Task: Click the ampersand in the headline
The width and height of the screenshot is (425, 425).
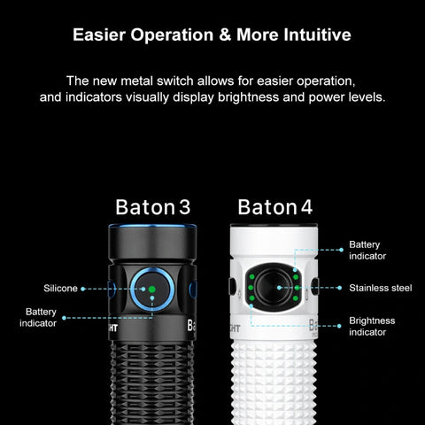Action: tap(225, 35)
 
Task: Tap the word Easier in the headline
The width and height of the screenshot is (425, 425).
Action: tap(99, 35)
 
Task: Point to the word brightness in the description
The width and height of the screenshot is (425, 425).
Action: tap(248, 97)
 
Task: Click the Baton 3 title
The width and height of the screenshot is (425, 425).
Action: tap(153, 207)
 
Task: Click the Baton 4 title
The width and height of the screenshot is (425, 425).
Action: tap(275, 207)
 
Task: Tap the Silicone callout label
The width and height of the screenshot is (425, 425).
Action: tap(60, 289)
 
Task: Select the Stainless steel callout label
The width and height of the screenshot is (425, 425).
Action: tap(381, 288)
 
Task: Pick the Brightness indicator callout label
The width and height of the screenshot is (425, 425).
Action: tap(372, 327)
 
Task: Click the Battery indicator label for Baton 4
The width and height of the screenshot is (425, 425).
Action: tap(367, 251)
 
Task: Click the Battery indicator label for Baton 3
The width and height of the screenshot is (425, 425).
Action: tap(38, 318)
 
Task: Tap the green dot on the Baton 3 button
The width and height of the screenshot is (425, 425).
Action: tap(152, 290)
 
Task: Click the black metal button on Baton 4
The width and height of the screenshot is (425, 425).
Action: tap(274, 286)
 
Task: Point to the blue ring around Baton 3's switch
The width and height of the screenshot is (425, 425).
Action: tap(152, 269)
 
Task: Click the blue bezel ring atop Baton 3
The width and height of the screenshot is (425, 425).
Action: tap(152, 227)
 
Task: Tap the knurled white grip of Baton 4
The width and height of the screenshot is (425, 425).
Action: tap(274, 382)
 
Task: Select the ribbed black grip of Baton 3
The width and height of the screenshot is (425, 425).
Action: tap(152, 383)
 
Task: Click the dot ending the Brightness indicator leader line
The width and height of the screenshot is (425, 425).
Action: tap(339, 326)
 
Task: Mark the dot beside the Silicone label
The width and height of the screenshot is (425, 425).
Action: tap(83, 289)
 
